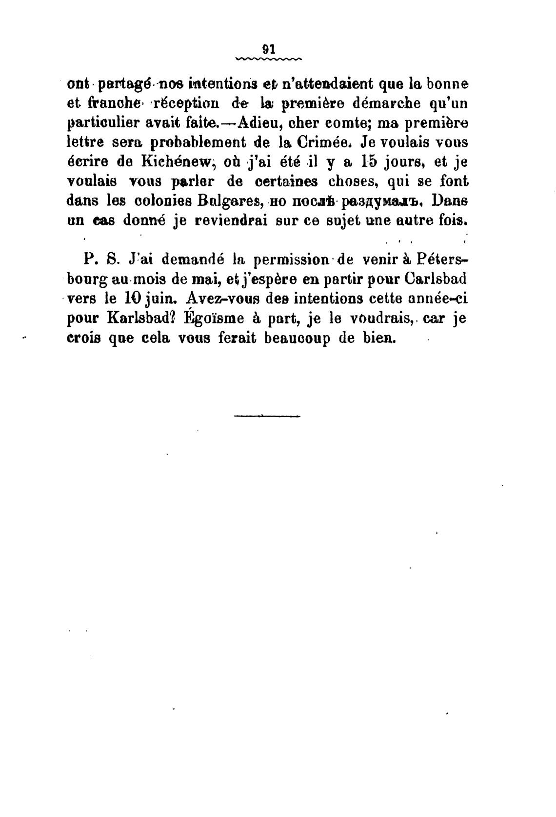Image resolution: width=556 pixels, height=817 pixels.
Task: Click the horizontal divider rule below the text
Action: coord(267,416)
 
